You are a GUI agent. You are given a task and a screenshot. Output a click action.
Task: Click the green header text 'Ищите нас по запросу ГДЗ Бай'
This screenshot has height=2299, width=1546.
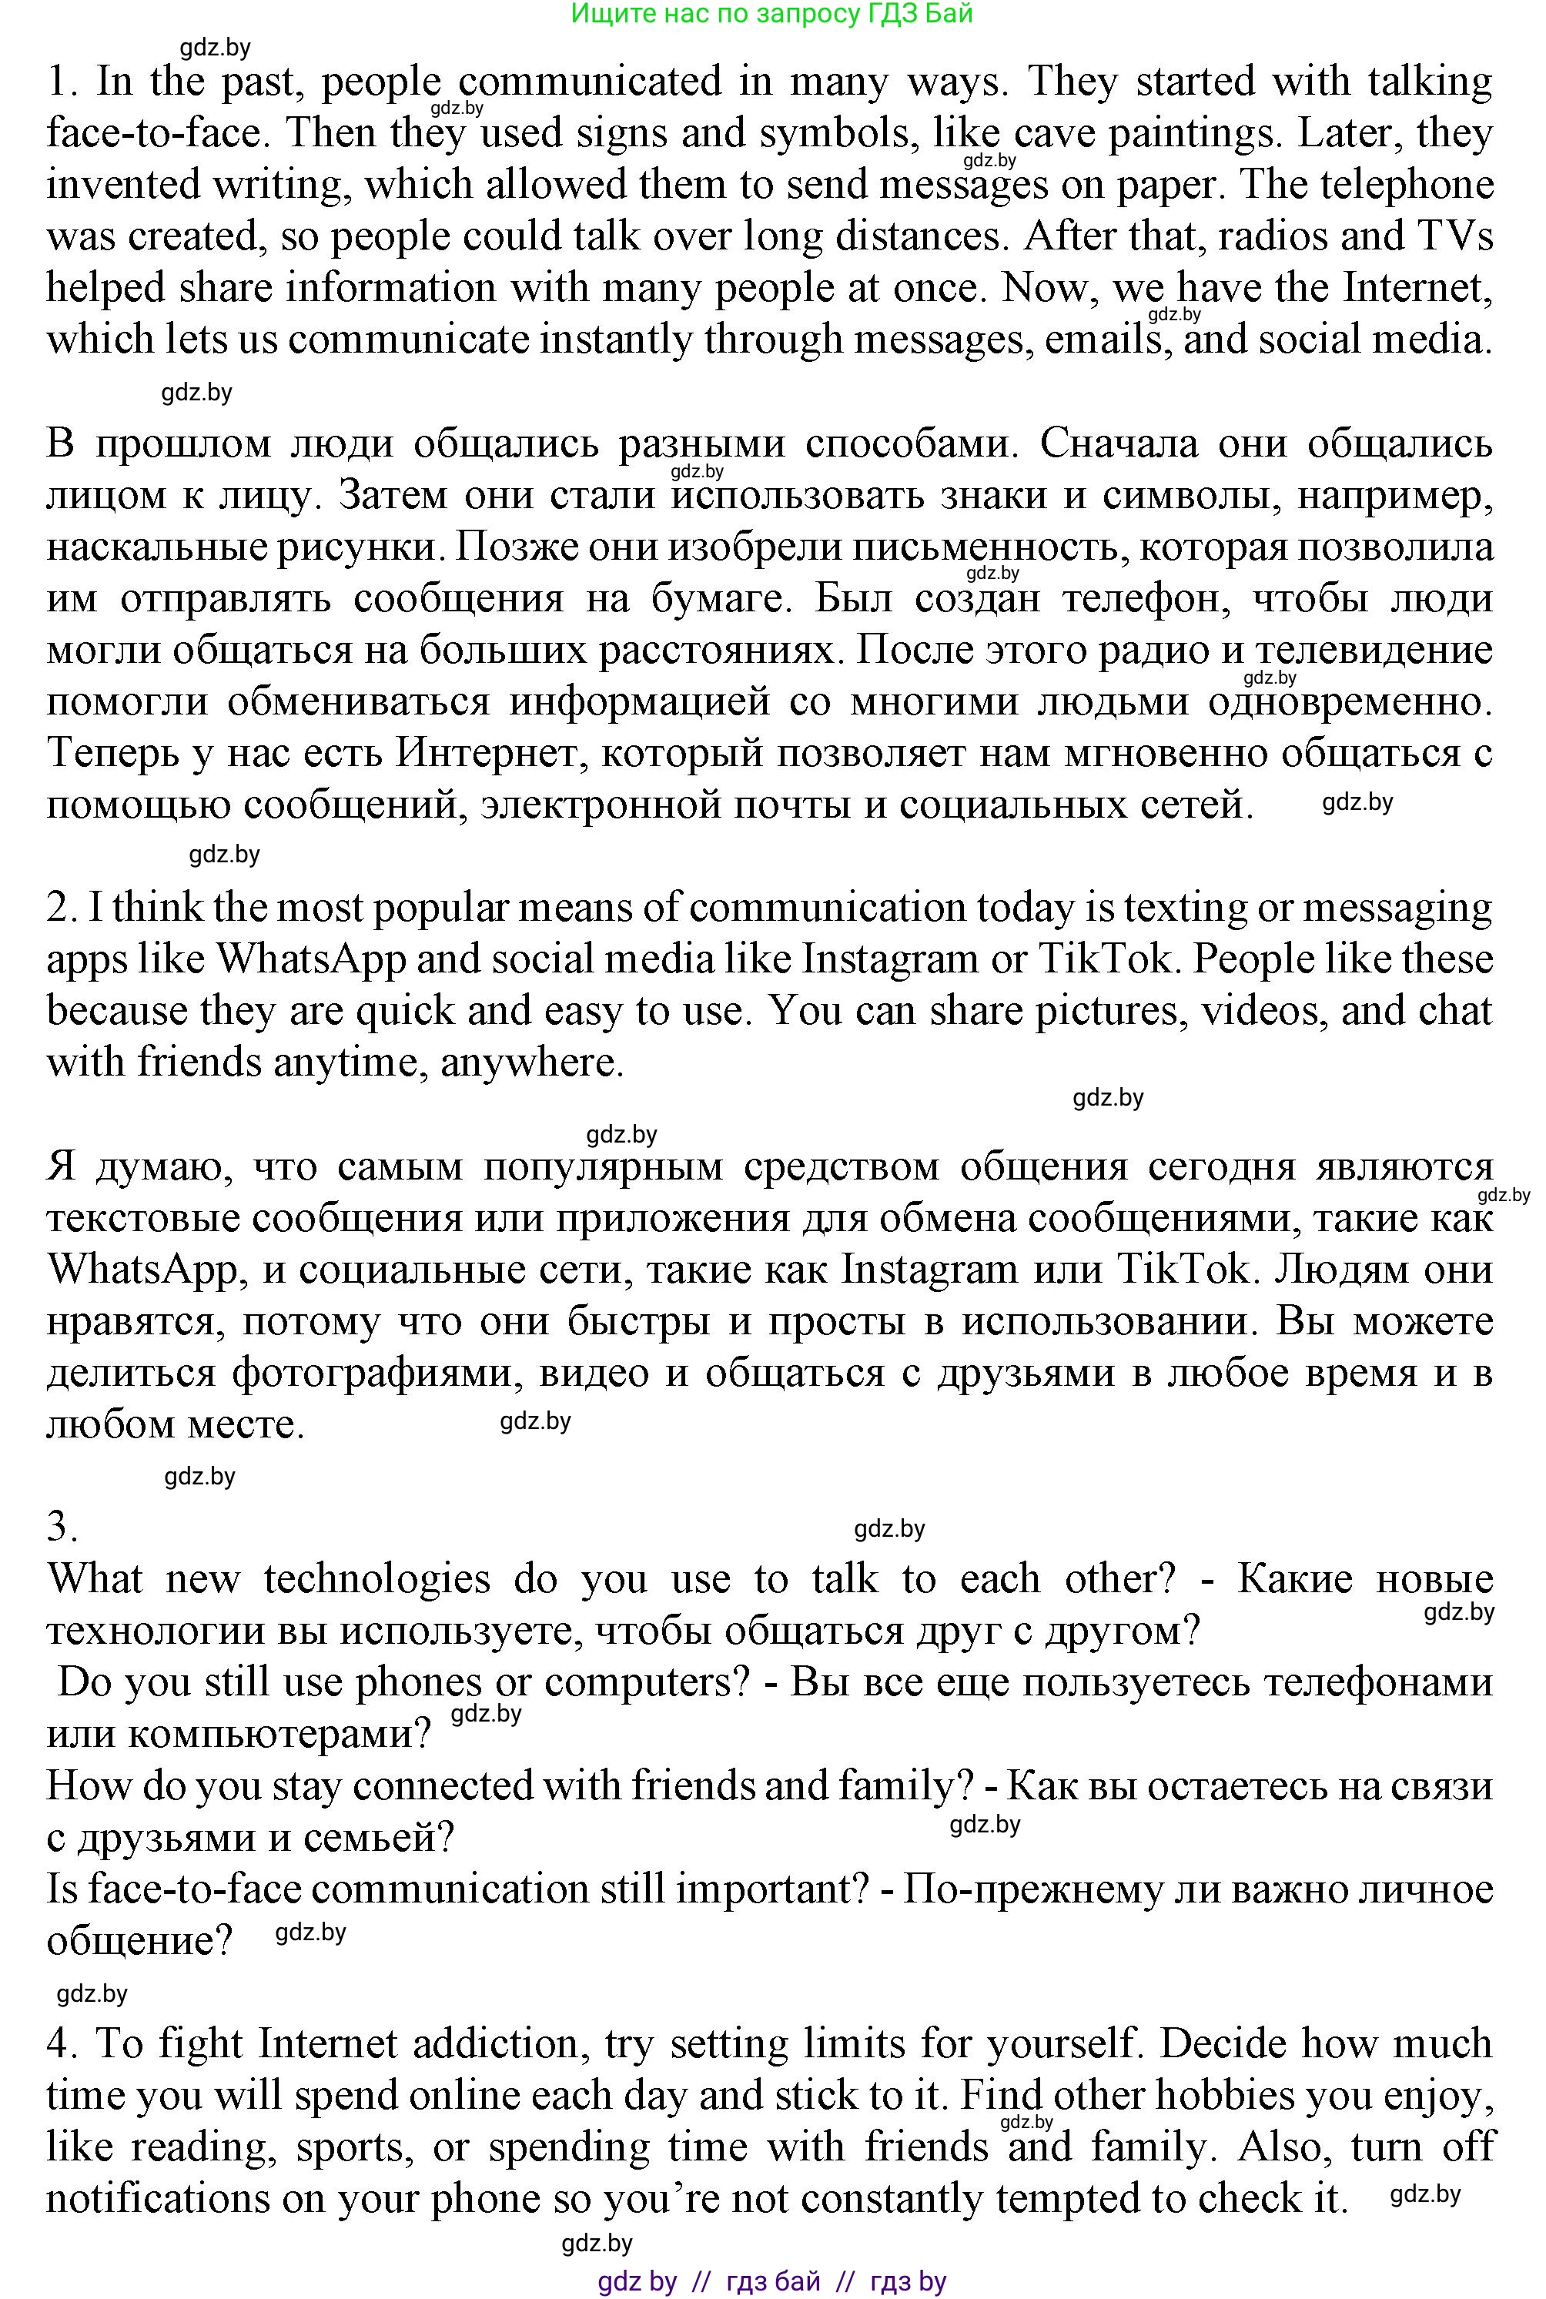click(772, 14)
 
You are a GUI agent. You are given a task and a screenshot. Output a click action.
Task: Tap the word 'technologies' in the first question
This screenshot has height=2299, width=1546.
click(376, 1578)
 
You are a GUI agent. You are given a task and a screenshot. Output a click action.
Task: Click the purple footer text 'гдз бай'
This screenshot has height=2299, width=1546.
click(772, 2281)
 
